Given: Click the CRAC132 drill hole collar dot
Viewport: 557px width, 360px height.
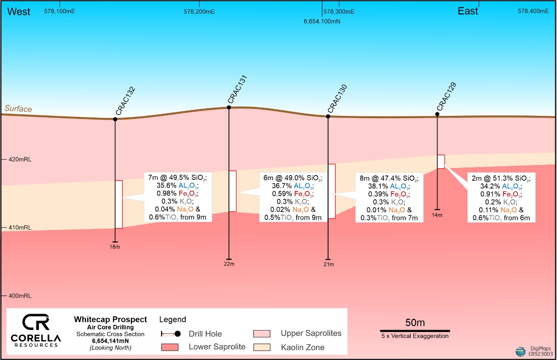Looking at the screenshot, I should tap(115, 119).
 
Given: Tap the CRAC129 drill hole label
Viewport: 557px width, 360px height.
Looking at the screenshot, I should tap(446, 97).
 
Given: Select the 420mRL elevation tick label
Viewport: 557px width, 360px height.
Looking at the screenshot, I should tap(20, 159).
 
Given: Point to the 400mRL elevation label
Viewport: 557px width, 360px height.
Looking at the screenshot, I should tap(20, 296).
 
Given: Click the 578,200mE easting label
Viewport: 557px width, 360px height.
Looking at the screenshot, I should tap(199, 12).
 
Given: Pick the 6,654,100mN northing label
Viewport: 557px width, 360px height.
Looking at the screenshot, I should tap(322, 21).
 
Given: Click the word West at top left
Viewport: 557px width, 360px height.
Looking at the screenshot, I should tap(19, 12).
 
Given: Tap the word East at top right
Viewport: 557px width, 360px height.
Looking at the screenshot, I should tap(468, 11).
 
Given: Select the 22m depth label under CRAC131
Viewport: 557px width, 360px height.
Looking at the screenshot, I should tap(229, 264).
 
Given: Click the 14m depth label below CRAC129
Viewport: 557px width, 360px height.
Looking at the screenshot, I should tap(437, 215).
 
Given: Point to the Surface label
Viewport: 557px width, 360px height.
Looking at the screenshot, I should tap(18, 109).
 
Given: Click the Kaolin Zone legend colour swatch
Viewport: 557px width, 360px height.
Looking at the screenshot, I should tap(262, 347).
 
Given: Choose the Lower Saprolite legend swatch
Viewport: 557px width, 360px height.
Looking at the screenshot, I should tap(170, 347).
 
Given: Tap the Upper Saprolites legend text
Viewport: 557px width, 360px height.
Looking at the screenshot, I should tap(311, 333).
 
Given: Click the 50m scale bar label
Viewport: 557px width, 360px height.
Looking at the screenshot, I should tap(415, 323).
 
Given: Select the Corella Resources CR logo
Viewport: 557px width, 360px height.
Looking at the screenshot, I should tap(36, 322).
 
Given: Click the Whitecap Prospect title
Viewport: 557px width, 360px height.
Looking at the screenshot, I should tap(110, 320).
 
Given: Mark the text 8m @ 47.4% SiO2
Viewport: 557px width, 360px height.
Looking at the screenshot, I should tap(389, 178).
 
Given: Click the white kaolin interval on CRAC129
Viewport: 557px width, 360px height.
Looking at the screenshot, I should tap(441, 161).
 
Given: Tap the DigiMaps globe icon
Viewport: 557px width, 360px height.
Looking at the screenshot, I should tap(521, 351).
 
